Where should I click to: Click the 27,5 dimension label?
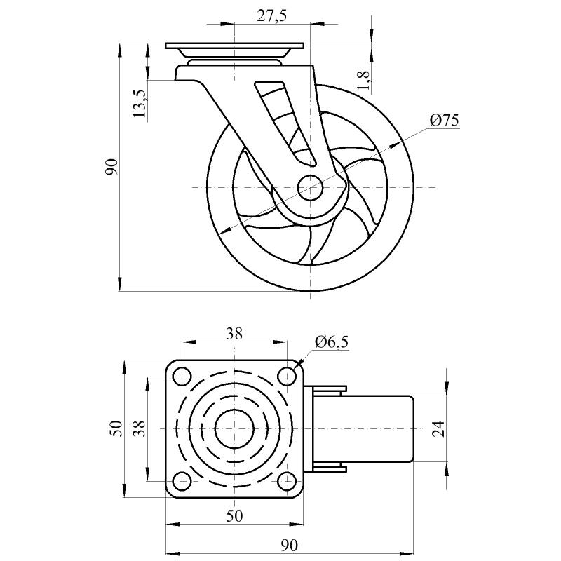[x=272, y=16]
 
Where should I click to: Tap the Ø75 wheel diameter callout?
[x=444, y=121]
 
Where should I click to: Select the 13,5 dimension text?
[x=140, y=103]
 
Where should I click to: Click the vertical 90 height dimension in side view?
[x=111, y=167]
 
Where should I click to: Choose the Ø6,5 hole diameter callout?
[x=331, y=342]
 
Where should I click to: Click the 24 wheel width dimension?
[x=439, y=428]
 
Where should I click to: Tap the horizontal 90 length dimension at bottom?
[x=289, y=546]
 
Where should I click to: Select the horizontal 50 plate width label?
[x=234, y=515]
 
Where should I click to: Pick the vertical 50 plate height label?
[x=116, y=428]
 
